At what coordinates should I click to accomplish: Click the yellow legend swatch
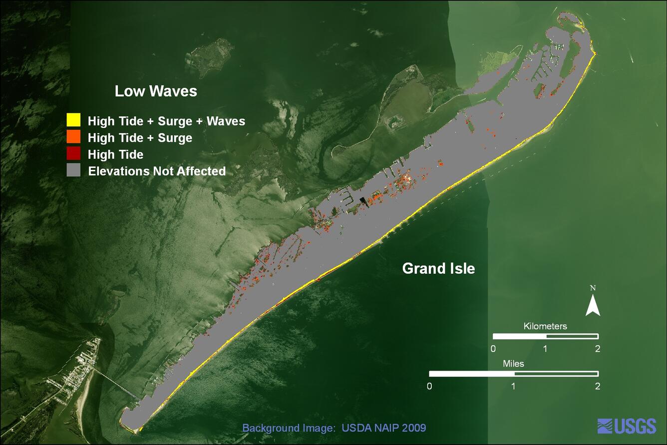tap(73, 120)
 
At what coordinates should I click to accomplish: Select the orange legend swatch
tap(73, 137)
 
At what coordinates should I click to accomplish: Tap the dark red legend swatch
tap(73, 154)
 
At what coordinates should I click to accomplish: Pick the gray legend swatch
tap(73, 170)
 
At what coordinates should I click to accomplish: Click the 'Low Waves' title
tap(156, 91)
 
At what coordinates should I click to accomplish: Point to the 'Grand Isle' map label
tap(438, 269)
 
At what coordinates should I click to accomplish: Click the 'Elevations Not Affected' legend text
tap(157, 171)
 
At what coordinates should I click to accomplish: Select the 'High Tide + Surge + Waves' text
tap(166, 121)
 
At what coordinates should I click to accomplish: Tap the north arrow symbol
tap(593, 305)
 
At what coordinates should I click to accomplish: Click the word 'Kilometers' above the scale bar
tap(545, 326)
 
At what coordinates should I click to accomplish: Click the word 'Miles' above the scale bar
tap(513, 364)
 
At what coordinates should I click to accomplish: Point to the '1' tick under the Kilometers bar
tap(545, 349)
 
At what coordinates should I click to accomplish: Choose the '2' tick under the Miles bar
tap(598, 386)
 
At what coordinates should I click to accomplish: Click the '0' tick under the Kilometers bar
tap(493, 349)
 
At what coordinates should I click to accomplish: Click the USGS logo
tap(627, 426)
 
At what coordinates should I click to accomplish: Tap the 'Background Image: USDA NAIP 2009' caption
tap(334, 428)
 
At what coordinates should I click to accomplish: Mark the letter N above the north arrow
tap(593, 288)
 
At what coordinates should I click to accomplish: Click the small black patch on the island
tap(363, 201)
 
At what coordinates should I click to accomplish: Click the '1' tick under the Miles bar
tap(514, 386)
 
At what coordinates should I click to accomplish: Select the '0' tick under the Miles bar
tap(430, 386)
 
